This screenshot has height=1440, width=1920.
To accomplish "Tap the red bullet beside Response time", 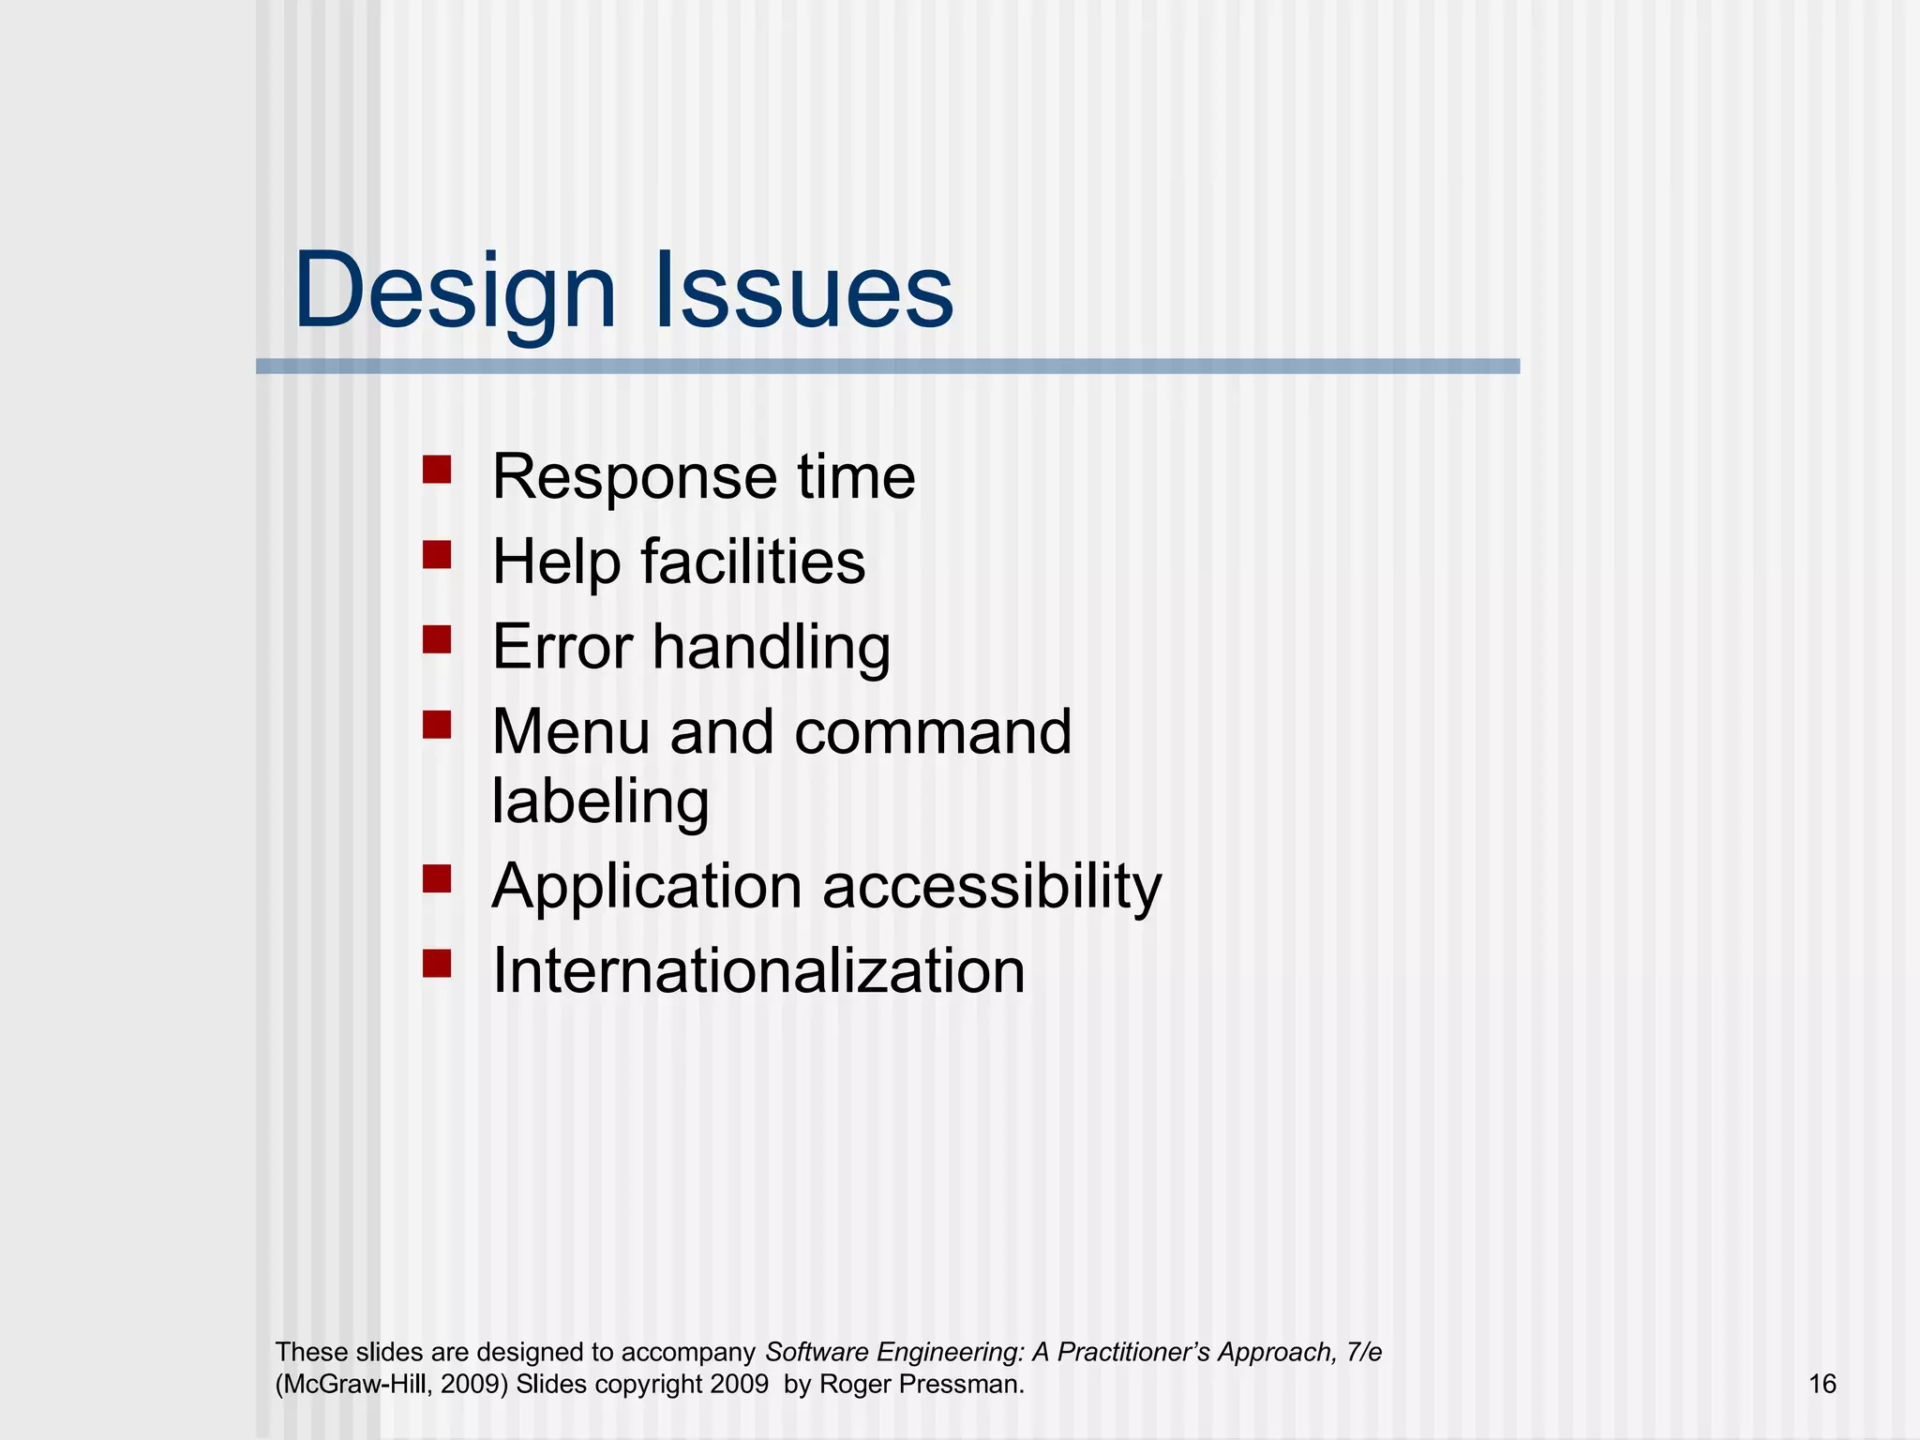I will pos(437,469).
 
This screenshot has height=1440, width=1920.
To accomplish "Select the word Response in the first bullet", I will pos(634,478).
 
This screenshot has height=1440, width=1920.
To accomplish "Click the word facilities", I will pos(753,562).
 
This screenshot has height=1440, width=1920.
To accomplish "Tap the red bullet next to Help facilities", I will pos(437,555).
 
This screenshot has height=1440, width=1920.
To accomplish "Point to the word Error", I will pos(562,647).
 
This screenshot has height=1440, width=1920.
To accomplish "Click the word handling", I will pos(771,649).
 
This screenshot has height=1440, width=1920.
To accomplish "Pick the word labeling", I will pos(600,802).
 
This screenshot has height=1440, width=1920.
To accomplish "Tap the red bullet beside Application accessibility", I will pos(437,878).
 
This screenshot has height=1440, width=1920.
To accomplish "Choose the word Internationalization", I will pos(757,970).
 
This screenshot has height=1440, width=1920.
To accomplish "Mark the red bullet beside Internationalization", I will pos(437,963).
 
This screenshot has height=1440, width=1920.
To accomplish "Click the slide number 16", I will pos(1822,1384).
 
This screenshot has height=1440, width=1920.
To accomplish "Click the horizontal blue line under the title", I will pos(887,367).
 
